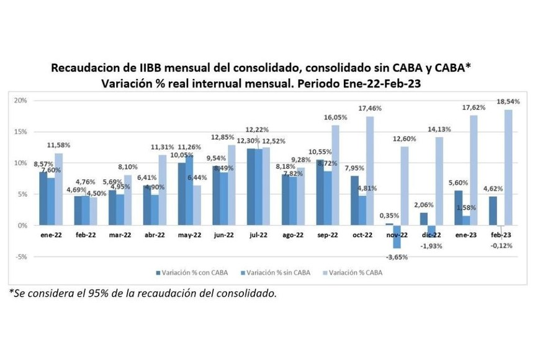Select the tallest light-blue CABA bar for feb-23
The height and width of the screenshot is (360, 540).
click(508, 168)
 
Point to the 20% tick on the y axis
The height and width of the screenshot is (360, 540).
click(21, 101)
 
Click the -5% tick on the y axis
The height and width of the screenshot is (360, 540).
click(21, 256)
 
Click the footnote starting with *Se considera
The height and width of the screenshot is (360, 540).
click(143, 294)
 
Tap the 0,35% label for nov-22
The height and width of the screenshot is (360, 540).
click(388, 215)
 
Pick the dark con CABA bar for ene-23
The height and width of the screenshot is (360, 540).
click(458, 208)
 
